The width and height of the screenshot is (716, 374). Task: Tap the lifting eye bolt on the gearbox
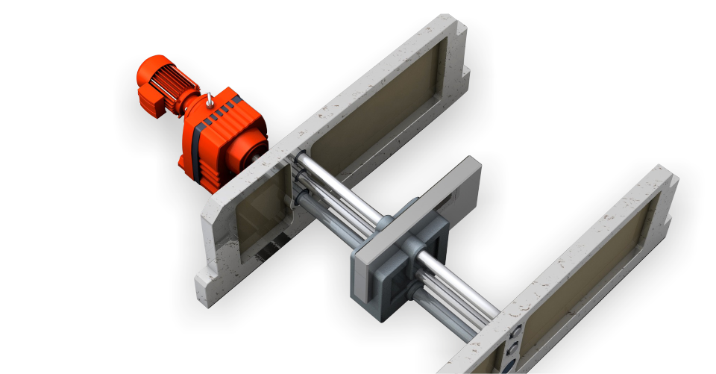tap(211, 99)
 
